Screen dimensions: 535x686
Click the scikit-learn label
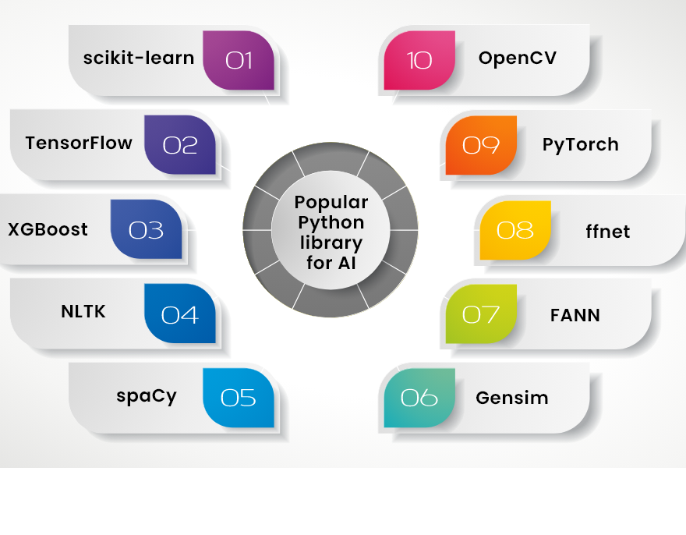pyautogui.click(x=139, y=58)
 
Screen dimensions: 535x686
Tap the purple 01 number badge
pyautogui.click(x=239, y=60)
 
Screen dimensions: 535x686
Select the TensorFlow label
pyautogui.click(x=79, y=143)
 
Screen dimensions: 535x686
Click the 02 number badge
pyautogui.click(x=180, y=144)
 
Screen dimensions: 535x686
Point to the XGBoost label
pyautogui.click(x=48, y=229)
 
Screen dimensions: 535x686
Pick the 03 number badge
pyautogui.click(x=146, y=229)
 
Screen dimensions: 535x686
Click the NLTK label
pyautogui.click(x=83, y=312)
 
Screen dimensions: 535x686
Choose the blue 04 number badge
pyautogui.click(x=180, y=314)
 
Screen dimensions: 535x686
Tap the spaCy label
pyautogui.click(x=147, y=395)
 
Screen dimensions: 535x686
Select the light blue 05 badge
pyautogui.click(x=239, y=398)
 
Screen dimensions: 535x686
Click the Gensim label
pyautogui.click(x=512, y=398)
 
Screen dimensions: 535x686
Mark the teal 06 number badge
pyautogui.click(x=419, y=398)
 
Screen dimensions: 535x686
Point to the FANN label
pyautogui.click(x=575, y=315)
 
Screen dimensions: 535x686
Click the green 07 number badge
pyautogui.click(x=481, y=314)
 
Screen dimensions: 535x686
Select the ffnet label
pyautogui.click(x=608, y=232)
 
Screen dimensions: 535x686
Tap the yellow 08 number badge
pyautogui.click(x=515, y=230)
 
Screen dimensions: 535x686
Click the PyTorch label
pyautogui.click(x=581, y=144)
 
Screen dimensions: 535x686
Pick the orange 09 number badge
pyautogui.click(x=481, y=144)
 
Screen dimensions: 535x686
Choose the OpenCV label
pyautogui.click(x=518, y=58)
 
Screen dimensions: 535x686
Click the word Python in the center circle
pyautogui.click(x=331, y=223)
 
